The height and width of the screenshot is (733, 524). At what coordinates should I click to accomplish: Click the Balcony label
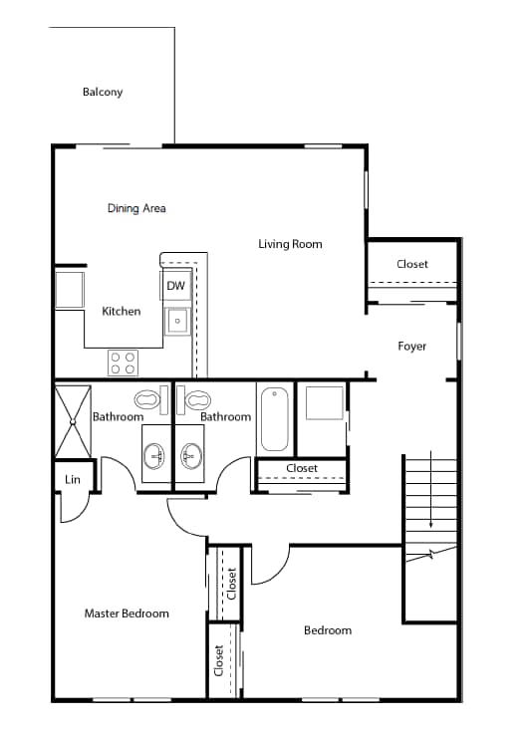point(103,93)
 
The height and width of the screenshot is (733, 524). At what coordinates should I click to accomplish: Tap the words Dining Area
point(136,208)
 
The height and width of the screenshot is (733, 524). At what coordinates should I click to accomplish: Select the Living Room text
point(290,243)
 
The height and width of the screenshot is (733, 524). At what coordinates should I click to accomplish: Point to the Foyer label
point(411,347)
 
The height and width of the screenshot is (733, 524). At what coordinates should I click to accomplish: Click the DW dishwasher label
point(175,287)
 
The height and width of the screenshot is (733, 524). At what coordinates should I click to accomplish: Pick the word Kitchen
point(122,312)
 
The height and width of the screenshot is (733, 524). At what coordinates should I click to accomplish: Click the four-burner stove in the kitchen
point(123,363)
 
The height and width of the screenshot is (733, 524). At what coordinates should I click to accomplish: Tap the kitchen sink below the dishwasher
point(176,321)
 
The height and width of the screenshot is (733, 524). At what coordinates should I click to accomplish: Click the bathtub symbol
point(274,419)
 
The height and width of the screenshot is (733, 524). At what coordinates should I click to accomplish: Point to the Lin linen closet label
point(73,480)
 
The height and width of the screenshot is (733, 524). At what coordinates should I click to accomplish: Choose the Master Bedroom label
point(127,613)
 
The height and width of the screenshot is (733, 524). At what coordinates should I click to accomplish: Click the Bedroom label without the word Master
point(328,630)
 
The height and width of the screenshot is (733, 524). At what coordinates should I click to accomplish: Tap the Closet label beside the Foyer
point(412,264)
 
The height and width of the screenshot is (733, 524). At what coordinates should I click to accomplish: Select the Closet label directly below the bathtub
point(302,468)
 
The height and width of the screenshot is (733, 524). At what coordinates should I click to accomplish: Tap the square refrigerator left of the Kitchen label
point(70,290)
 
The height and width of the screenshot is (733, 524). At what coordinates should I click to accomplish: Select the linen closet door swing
point(75,509)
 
